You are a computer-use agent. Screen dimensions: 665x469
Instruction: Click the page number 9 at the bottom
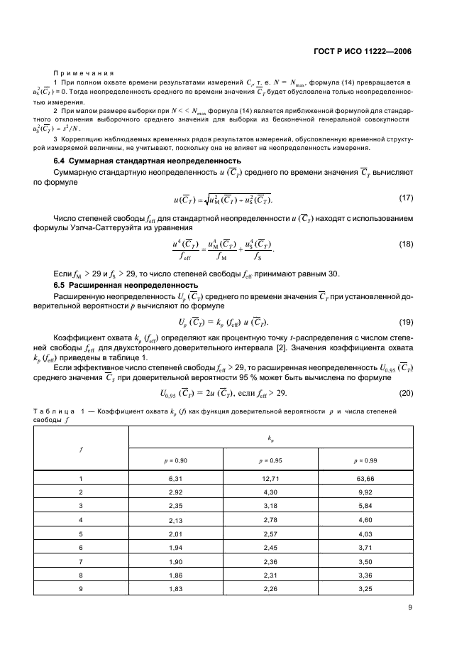tap(410, 607)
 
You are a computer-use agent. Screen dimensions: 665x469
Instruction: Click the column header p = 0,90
tap(175, 460)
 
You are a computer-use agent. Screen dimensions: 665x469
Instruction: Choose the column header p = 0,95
tap(271, 460)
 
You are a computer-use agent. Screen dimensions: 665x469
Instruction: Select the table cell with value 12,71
tap(271, 479)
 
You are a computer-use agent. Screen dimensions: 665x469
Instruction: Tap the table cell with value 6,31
tap(175, 479)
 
